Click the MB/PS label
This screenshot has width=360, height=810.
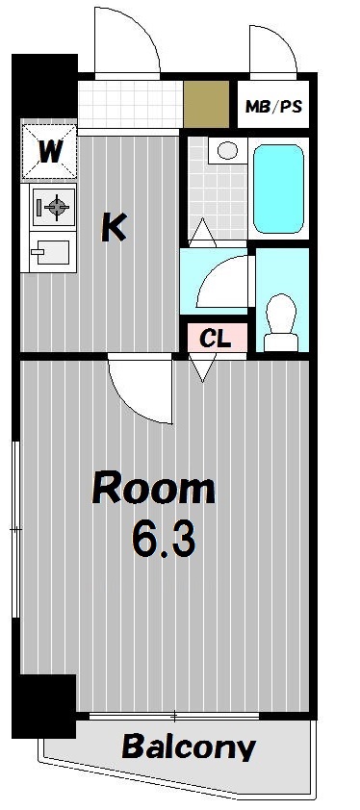point(273,106)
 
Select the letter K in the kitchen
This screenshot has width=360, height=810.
point(114,227)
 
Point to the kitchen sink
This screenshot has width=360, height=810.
point(50,253)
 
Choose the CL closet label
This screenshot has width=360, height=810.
point(215,338)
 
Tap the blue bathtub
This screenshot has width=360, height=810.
point(279,187)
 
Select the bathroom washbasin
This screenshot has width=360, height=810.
point(227,150)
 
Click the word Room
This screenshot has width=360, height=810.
point(153,490)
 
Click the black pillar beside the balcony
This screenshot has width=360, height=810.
point(44,705)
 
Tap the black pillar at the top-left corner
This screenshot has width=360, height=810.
point(42,85)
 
